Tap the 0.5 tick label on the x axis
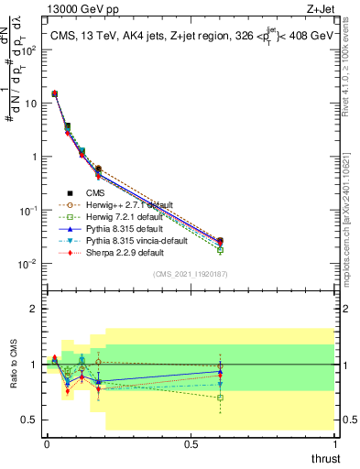pyautogui.click(x=191, y=442)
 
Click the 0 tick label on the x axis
pyautogui.click(x=47, y=442)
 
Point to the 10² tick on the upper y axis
pyautogui.click(x=29, y=49)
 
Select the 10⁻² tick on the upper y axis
pyautogui.click(x=29, y=264)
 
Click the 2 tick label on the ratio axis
pyautogui.click(x=34, y=309)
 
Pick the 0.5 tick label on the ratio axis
pyautogui.click(x=30, y=420)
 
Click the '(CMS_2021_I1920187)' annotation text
pyautogui.click(x=190, y=274)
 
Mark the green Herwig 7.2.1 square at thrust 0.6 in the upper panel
pyautogui.click(x=219, y=249)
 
